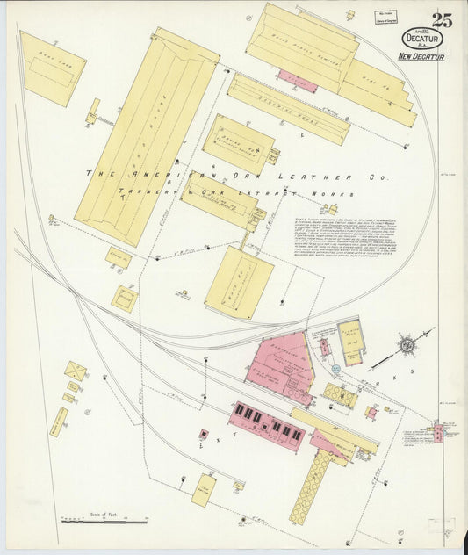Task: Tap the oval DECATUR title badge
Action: pyautogui.click(x=423, y=39)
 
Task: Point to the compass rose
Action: pyautogui.click(x=407, y=344)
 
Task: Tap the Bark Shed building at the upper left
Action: pyautogui.click(x=52, y=68)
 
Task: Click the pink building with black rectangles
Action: pyautogui.click(x=268, y=426)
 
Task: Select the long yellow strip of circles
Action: pyautogui.click(x=308, y=487)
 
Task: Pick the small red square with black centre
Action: pyautogui.click(x=204, y=434)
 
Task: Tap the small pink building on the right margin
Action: pyautogui.click(x=438, y=429)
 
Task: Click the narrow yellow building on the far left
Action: pyautogui.click(x=59, y=422)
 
